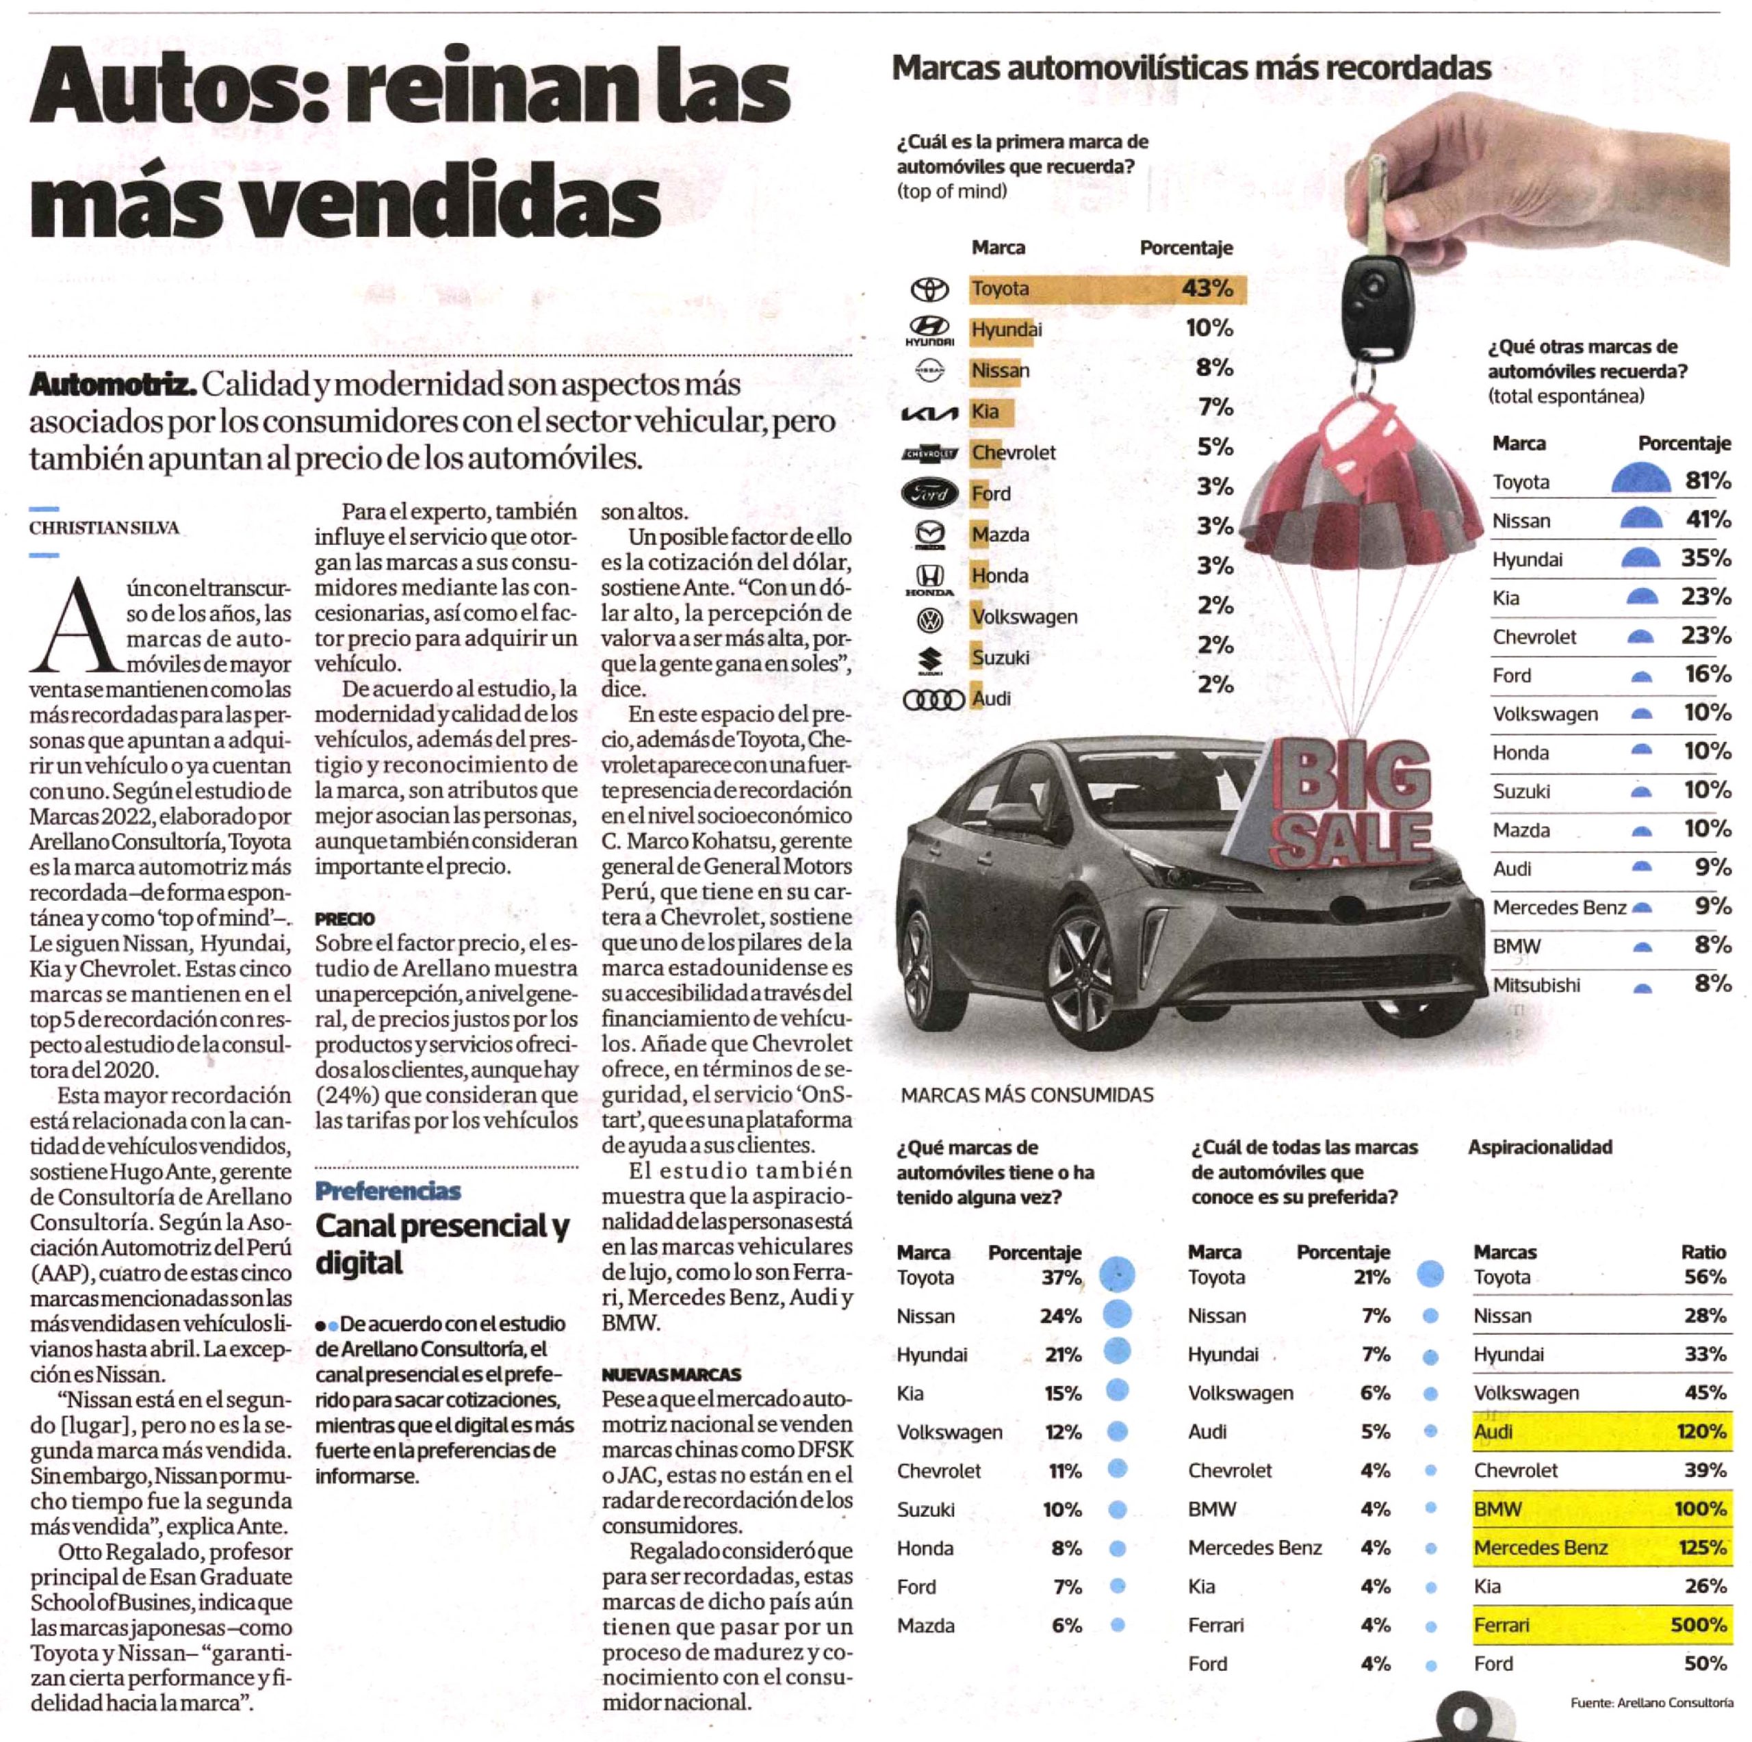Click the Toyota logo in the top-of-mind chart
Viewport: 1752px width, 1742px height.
[x=929, y=290]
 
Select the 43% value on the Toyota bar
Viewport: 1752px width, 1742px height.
[x=1207, y=288]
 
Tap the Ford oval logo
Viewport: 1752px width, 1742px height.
[x=929, y=494]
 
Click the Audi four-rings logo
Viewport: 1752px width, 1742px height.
[x=933, y=699]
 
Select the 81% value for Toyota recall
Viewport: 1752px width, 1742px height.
[x=1708, y=481]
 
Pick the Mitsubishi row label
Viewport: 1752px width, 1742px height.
[x=1536, y=985]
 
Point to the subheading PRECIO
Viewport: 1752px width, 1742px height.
[x=345, y=919]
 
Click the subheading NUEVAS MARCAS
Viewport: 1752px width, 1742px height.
[x=671, y=1374]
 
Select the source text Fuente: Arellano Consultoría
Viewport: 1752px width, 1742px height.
[x=1651, y=1703]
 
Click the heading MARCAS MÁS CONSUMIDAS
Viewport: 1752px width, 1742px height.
[x=1027, y=1094]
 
